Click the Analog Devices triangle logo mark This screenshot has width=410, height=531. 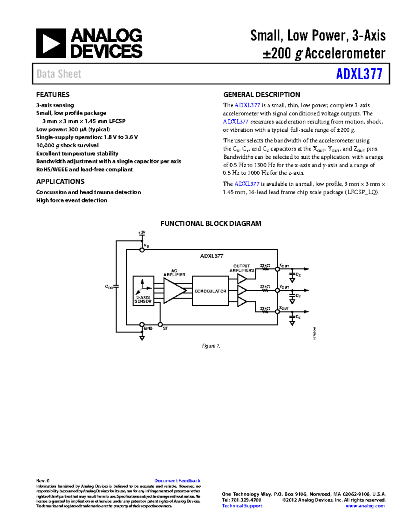click(51, 43)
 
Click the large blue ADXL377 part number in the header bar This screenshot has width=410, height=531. click(359, 74)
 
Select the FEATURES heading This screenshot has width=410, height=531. click(53, 95)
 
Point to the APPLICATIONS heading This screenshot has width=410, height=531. click(60, 182)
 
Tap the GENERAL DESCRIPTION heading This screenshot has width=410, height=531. click(262, 95)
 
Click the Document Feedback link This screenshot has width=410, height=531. click(177, 480)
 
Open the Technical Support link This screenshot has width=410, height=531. click(242, 506)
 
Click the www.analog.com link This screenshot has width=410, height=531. click(365, 506)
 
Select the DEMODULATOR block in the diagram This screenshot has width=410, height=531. click(210, 291)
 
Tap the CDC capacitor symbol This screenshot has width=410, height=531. click(116, 286)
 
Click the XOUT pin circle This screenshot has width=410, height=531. click(277, 269)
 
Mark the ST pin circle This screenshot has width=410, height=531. click(160, 324)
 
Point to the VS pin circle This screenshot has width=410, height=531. click(142, 250)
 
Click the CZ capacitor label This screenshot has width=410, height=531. click(298, 317)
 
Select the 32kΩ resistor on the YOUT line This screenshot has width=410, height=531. click(265, 290)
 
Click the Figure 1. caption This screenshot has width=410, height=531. click(211, 346)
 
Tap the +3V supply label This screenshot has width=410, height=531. click(142, 233)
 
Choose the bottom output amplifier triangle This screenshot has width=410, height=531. click(242, 302)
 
